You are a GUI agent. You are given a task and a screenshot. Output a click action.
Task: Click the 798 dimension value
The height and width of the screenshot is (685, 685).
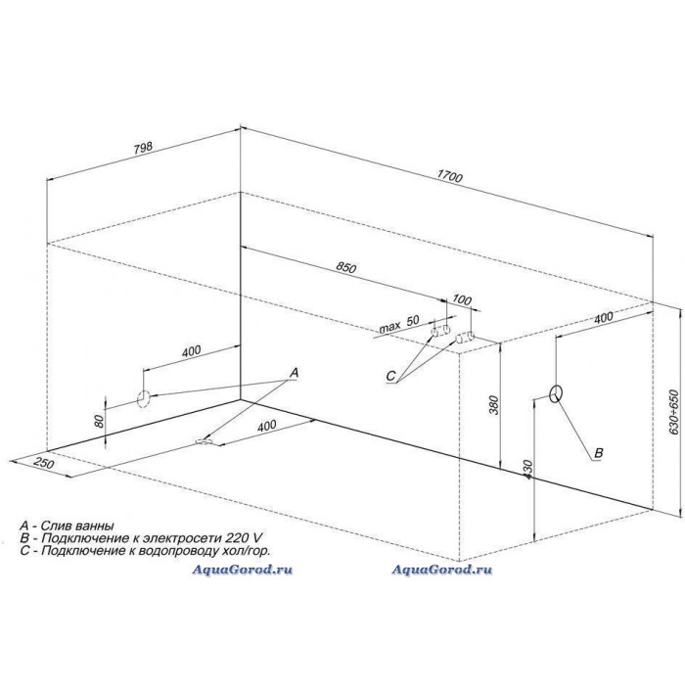click(143, 148)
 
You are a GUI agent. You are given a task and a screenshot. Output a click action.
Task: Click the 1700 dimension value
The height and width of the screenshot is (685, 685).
click(449, 176)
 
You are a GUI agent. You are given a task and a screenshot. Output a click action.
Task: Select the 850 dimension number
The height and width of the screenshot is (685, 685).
click(346, 267)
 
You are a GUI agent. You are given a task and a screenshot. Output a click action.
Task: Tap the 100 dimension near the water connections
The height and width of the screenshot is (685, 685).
click(462, 299)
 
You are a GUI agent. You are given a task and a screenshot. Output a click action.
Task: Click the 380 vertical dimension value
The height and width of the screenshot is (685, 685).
click(493, 405)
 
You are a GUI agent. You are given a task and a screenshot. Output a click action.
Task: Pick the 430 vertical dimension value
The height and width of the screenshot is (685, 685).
click(527, 470)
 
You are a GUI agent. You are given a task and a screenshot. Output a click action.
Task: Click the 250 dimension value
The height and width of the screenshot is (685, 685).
click(44, 462)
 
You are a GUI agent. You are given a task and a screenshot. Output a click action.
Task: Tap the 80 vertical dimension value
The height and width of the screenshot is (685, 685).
click(99, 421)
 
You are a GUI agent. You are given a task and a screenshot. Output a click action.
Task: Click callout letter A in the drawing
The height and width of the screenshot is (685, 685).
click(294, 373)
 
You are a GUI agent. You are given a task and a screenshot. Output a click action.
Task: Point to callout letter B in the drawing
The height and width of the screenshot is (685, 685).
click(599, 452)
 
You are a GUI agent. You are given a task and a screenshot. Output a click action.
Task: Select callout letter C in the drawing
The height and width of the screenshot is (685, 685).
click(390, 376)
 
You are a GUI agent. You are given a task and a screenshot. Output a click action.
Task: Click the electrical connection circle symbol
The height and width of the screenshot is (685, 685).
click(556, 393)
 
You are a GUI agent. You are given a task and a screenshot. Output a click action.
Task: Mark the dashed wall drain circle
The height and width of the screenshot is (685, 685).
click(144, 399)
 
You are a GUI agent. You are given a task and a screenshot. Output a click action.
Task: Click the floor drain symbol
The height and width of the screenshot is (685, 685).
click(204, 441)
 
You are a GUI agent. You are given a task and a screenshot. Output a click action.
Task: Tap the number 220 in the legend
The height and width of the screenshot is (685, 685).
click(241, 537)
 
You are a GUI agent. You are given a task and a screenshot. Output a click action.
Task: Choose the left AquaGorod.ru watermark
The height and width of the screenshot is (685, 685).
click(243, 570)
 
